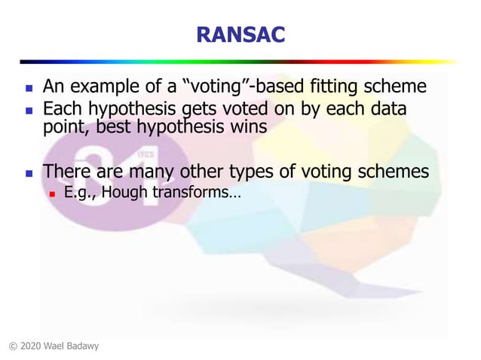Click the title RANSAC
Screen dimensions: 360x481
click(x=240, y=34)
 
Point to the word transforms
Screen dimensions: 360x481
click(x=196, y=194)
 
